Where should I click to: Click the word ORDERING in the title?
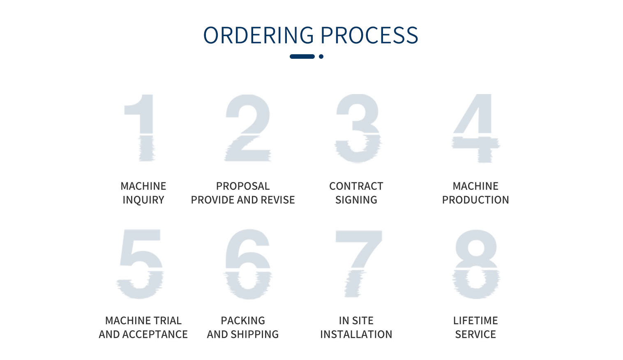tap(258, 35)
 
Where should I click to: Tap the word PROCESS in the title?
tap(369, 35)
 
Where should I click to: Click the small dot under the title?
tap(321, 56)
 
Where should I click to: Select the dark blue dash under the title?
tap(302, 56)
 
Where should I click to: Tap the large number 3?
tap(358, 128)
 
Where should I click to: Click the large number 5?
tap(140, 264)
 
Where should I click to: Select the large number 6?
tap(248, 264)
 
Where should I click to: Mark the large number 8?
tap(476, 264)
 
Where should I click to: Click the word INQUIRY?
tap(143, 200)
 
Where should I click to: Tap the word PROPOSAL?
tap(243, 186)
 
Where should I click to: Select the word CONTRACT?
tap(356, 186)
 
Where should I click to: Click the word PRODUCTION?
tap(475, 200)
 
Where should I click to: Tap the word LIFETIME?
tap(475, 321)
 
